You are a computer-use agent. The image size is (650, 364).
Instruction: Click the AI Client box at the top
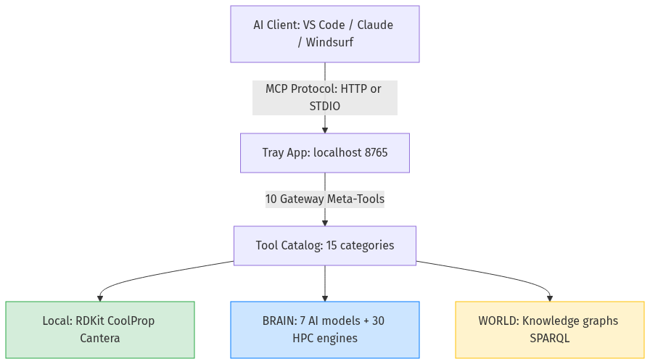[x=324, y=34]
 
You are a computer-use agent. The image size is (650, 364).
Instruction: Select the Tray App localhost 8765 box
[x=324, y=153]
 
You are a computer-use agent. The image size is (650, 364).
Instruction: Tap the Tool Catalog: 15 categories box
[x=324, y=245]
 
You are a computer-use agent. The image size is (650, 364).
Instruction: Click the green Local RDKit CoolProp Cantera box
[x=100, y=329]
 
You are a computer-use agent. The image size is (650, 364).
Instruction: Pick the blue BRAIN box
[x=324, y=329]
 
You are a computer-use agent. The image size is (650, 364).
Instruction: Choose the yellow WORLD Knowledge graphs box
[x=549, y=329]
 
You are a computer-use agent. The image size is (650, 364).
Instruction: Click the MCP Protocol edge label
[x=324, y=97]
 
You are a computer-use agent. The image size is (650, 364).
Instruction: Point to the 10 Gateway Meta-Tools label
[x=324, y=199]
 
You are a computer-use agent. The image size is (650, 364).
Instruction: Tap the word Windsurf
[x=329, y=43]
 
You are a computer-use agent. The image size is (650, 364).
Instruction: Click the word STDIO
[x=324, y=106]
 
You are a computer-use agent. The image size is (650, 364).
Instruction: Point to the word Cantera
[x=100, y=338]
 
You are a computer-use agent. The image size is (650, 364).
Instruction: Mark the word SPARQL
[x=549, y=338]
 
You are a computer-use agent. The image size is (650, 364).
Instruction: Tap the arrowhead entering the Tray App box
[x=324, y=130]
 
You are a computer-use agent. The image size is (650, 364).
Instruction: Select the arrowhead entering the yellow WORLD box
[x=549, y=297]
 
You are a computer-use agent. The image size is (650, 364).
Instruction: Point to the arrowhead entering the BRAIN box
[x=324, y=297]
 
